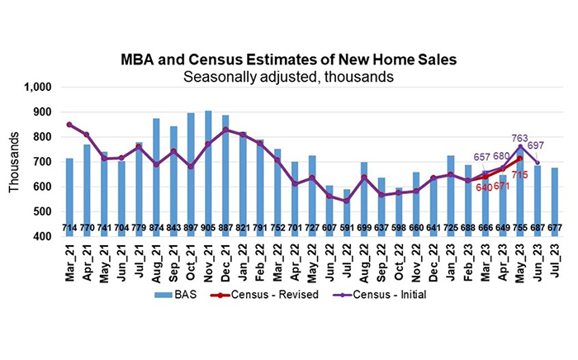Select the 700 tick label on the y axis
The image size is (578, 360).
pos(42,162)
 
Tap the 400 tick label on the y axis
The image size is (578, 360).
pos(42,236)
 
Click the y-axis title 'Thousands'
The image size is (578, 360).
pos(13,162)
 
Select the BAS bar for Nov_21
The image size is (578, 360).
pos(208,165)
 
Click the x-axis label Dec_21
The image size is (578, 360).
pos(225,262)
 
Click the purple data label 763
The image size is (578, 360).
pos(520,139)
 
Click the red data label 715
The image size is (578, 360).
pos(519,175)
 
